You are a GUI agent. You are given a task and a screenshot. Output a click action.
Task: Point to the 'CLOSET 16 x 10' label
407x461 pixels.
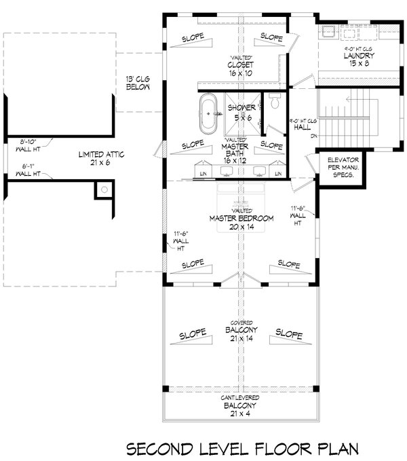(x=240, y=67)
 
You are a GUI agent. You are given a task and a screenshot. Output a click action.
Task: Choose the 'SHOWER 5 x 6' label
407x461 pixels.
(x=242, y=112)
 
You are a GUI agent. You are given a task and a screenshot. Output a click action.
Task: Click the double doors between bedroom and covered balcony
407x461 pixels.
(x=240, y=278)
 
